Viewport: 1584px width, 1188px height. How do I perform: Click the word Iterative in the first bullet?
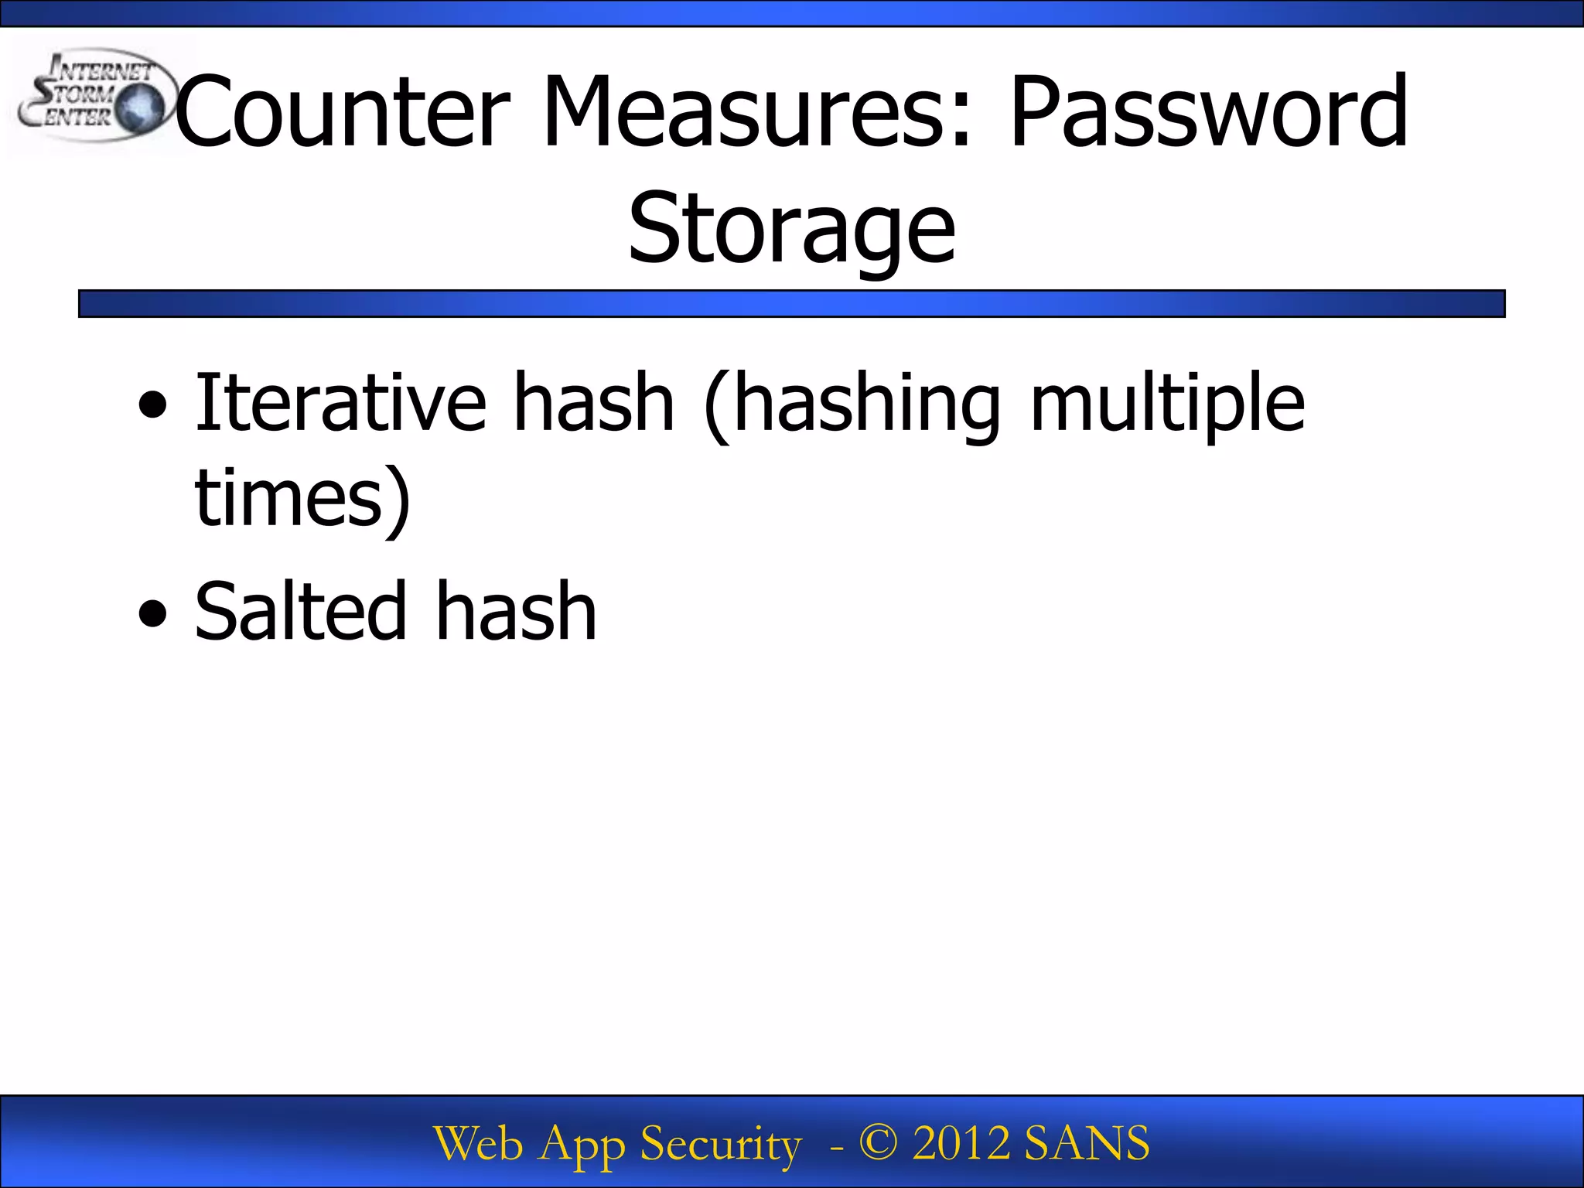click(x=340, y=402)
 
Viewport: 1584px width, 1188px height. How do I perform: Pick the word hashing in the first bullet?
click(x=867, y=402)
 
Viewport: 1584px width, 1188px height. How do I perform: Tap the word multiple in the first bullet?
click(x=1168, y=402)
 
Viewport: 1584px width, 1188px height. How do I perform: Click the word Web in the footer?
click(x=477, y=1143)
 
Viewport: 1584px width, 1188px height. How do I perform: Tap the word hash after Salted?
click(x=516, y=612)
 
